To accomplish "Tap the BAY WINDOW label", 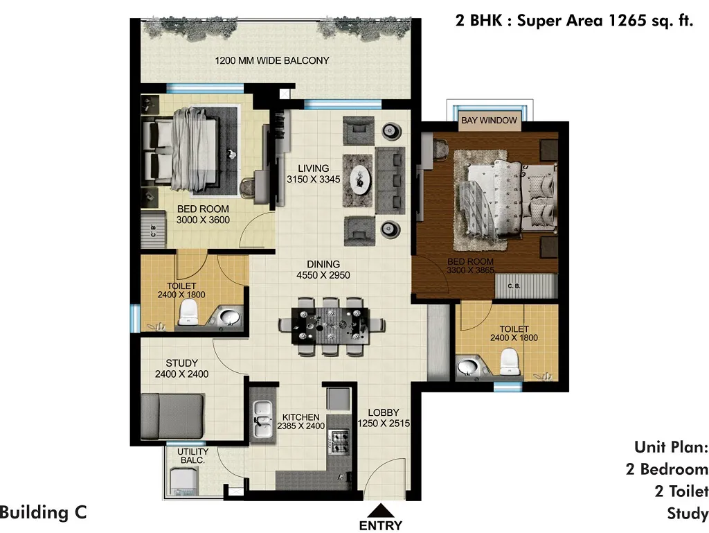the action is coord(489,121).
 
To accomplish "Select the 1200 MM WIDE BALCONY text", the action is coord(271,60).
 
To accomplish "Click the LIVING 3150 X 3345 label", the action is coord(314,174).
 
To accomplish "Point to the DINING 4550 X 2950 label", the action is coord(323,270).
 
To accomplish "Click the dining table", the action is coord(331,325).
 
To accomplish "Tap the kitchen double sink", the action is coord(262,419).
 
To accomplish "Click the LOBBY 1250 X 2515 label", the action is coord(384,418).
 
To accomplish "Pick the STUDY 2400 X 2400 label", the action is coord(182,369).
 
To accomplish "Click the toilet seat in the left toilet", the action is coord(188,312).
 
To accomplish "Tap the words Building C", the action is coord(44,513).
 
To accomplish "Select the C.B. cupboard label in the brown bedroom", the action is coord(514,286).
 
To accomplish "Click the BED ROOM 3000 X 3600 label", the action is coord(203,214).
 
